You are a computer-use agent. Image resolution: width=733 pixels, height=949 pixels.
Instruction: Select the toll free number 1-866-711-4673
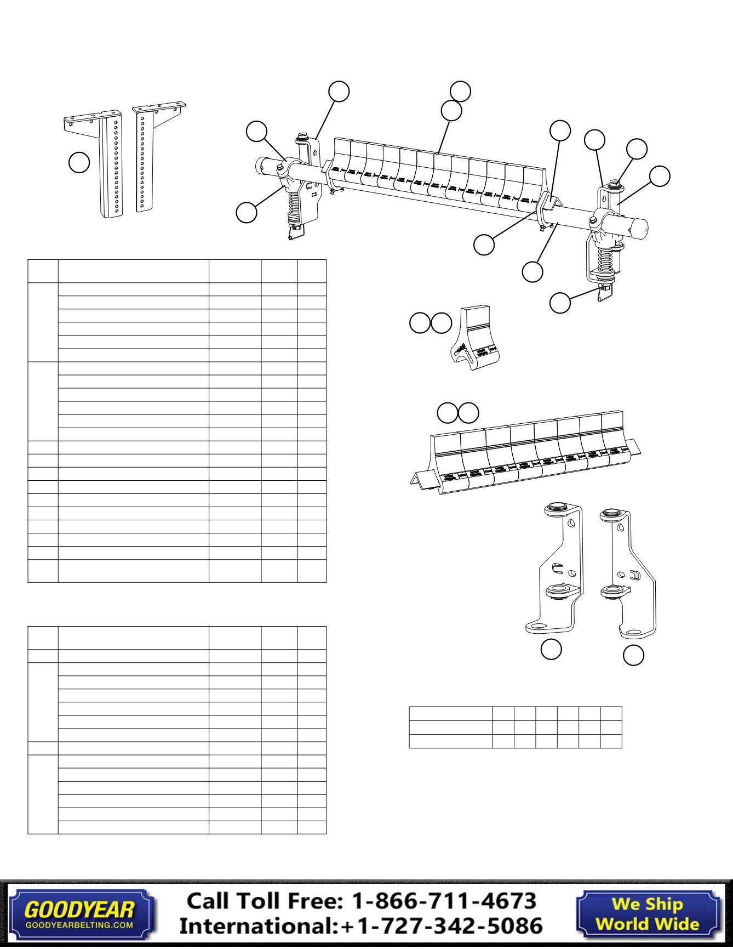[442, 901]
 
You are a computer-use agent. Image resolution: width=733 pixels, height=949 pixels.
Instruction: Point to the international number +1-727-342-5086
[442, 926]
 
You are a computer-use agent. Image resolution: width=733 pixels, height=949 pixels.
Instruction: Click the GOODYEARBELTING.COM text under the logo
[79, 925]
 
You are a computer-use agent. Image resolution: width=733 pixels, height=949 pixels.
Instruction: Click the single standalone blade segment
[474, 339]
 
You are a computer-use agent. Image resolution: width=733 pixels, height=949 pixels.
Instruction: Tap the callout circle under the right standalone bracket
[634, 656]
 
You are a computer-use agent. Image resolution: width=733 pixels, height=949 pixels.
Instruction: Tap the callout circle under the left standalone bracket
[551, 649]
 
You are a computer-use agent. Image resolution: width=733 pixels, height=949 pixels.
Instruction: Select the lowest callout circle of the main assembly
[560, 303]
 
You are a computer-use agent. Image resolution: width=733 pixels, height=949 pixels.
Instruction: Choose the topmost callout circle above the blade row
[460, 91]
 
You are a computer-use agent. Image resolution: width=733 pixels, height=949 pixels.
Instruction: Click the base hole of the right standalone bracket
[634, 632]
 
